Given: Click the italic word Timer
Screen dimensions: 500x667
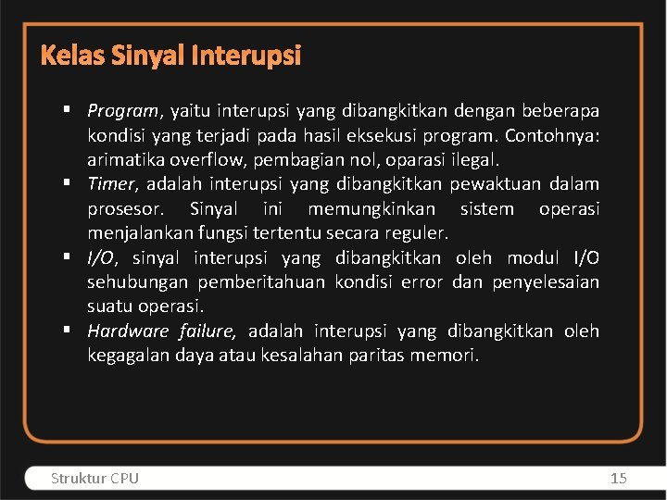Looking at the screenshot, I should click(x=110, y=184).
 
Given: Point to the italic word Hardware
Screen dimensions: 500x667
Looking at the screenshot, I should click(x=128, y=331).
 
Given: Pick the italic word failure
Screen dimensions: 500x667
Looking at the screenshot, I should click(x=208, y=331).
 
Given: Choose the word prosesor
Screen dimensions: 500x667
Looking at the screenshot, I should click(x=124, y=208).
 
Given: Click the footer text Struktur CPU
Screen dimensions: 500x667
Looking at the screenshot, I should click(x=94, y=478).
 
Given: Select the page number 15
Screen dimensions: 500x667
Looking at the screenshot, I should click(x=619, y=478).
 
